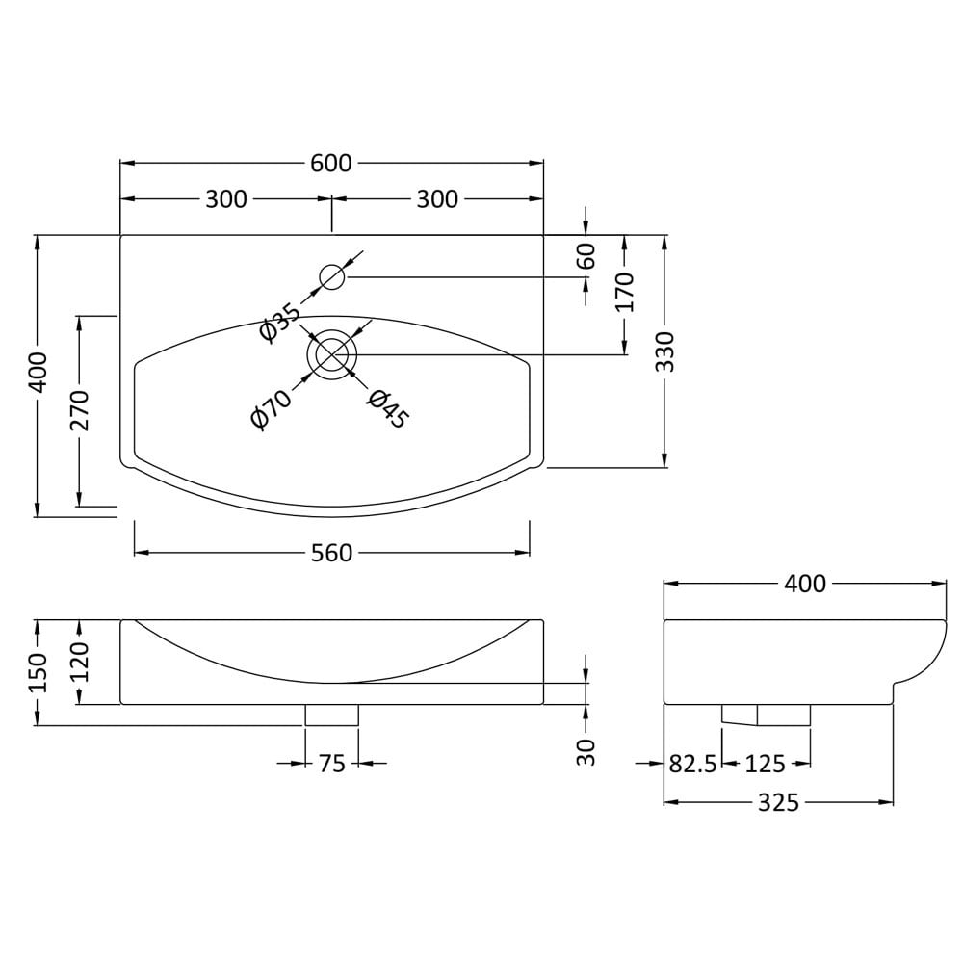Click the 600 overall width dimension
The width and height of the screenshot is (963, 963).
tap(331, 164)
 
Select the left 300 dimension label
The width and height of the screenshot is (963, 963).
tap(226, 199)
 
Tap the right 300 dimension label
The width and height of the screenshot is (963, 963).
tap(437, 199)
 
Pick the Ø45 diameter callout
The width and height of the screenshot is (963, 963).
tap(387, 408)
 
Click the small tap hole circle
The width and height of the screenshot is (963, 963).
tap(332, 277)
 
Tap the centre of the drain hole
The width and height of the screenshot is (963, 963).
tap(332, 354)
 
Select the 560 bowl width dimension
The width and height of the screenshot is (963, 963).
tap(331, 554)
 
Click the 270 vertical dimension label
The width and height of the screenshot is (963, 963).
tap(80, 409)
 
